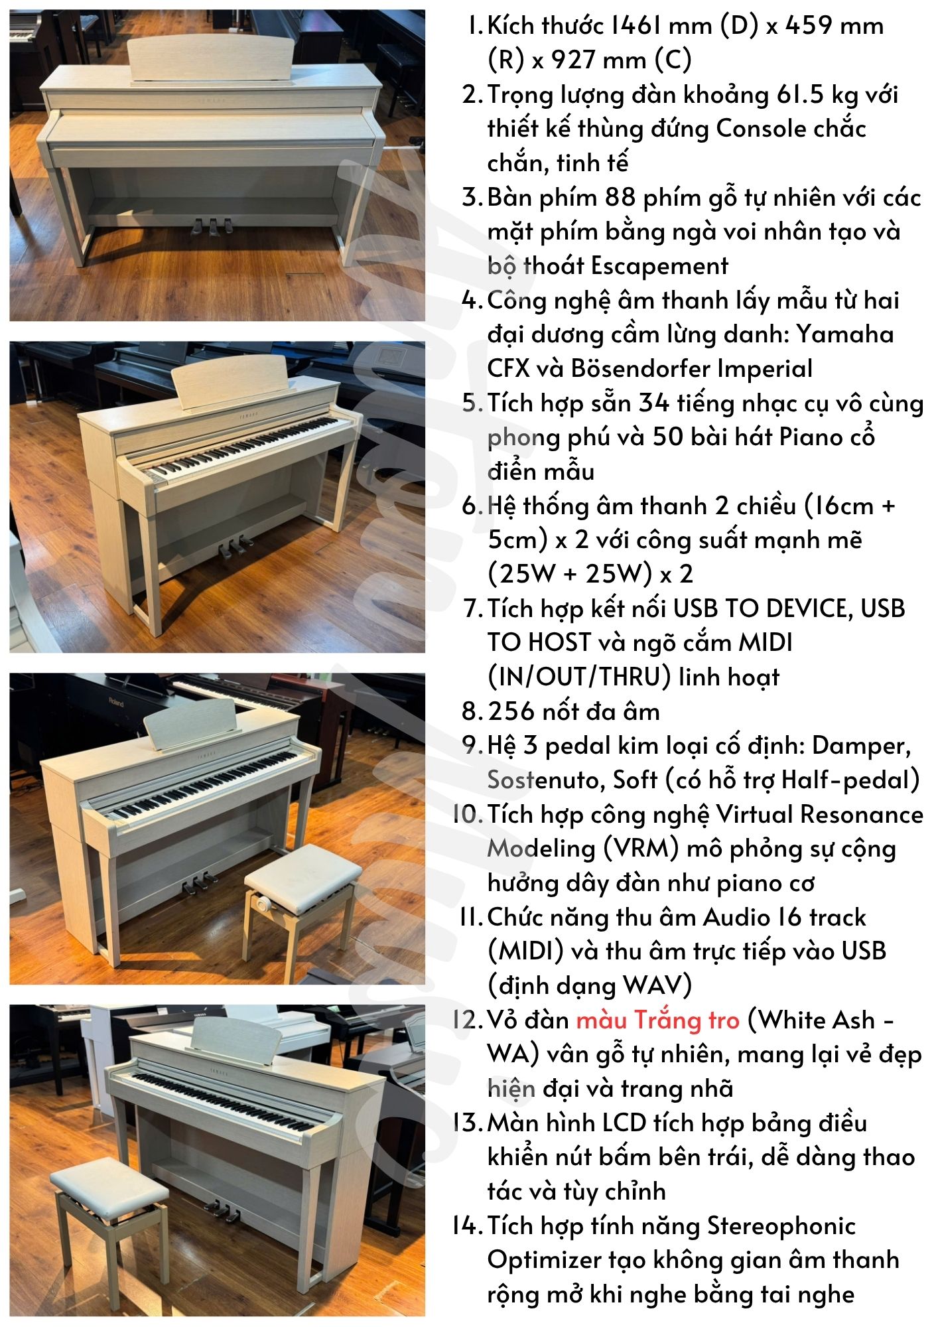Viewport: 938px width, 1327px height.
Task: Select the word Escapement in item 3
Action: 659,266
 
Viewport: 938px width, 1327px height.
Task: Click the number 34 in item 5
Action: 653,403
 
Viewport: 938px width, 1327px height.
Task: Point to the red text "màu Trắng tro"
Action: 657,1020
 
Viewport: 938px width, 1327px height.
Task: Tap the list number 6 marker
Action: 470,506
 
